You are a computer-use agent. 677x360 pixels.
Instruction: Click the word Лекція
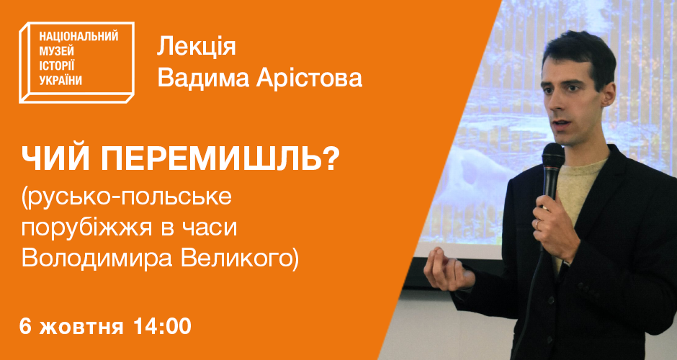click(196, 48)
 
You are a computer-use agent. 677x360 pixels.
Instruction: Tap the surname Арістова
click(309, 78)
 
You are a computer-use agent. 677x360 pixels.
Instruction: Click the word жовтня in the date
click(81, 327)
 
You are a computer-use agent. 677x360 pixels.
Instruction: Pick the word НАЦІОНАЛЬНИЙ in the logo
click(79, 37)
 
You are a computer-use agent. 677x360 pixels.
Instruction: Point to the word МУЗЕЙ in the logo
click(57, 51)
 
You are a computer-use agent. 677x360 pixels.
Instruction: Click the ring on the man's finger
click(537, 225)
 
